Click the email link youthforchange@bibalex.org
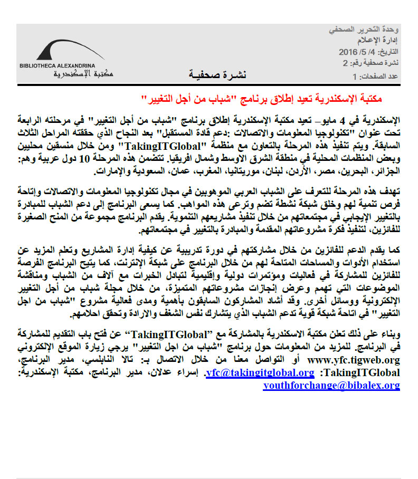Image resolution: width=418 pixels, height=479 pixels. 331,386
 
